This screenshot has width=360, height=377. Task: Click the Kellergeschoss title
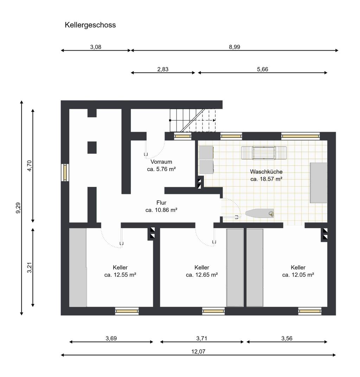click(90, 25)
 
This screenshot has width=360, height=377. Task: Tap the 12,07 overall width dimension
click(198, 352)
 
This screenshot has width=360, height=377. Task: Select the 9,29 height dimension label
click(18, 208)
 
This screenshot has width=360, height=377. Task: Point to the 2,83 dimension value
click(163, 69)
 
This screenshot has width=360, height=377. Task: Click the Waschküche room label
click(266, 172)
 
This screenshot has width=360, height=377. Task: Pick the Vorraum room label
click(161, 162)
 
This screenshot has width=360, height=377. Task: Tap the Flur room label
click(161, 203)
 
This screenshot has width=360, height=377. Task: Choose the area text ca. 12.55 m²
click(120, 275)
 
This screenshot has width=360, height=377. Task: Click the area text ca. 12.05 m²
click(298, 275)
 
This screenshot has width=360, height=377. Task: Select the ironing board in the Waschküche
click(259, 214)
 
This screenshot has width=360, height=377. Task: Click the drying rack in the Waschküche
click(264, 153)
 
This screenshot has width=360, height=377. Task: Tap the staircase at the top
click(193, 120)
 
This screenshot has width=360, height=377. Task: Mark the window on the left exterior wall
click(65, 172)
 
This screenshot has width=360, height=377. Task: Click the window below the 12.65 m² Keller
click(213, 311)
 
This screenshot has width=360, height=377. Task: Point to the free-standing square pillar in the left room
click(92, 147)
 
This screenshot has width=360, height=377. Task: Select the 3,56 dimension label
click(287, 339)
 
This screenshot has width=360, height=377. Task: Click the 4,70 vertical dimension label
click(30, 166)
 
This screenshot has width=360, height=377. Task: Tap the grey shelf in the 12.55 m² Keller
click(78, 268)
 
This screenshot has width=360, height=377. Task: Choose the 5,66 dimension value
click(263, 69)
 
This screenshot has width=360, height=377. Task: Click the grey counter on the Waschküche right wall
click(319, 183)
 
